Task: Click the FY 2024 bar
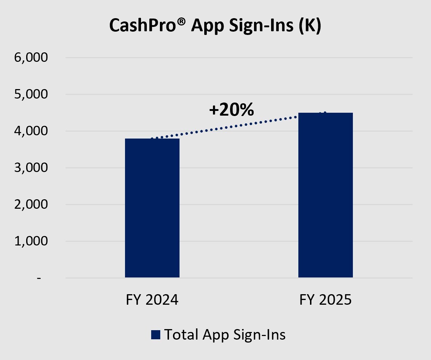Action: (x=152, y=208)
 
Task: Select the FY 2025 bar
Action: (x=325, y=195)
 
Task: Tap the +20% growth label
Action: (x=231, y=109)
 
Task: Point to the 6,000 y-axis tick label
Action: (x=31, y=58)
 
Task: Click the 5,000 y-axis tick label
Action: (x=31, y=95)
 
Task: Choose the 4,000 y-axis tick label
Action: (x=31, y=131)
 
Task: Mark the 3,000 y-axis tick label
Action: (x=31, y=168)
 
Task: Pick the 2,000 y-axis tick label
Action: (x=31, y=205)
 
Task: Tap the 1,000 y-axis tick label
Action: (x=31, y=241)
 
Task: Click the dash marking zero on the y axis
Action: (x=39, y=279)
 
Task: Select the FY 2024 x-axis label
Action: (x=152, y=300)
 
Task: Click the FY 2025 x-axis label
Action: (x=325, y=300)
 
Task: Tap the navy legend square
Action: (x=156, y=335)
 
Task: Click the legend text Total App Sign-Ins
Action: (x=225, y=335)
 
